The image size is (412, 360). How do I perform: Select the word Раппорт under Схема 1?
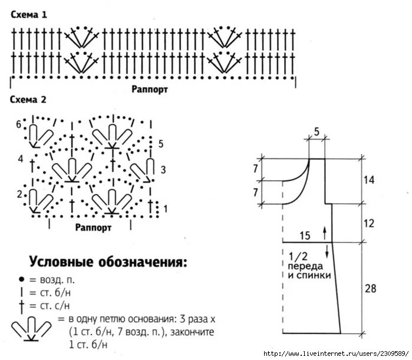point(150,90)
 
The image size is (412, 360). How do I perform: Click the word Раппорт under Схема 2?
point(94,226)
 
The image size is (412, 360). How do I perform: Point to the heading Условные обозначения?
point(109,261)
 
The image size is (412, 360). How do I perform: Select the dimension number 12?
point(370,223)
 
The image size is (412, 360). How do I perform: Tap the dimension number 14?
point(370,180)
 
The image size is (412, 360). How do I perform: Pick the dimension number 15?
point(305,236)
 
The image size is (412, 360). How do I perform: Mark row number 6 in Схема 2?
point(19,124)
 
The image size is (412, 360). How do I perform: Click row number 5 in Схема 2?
point(161,144)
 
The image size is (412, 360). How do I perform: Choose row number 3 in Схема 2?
point(163,170)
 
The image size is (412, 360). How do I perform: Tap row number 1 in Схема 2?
point(165,208)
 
